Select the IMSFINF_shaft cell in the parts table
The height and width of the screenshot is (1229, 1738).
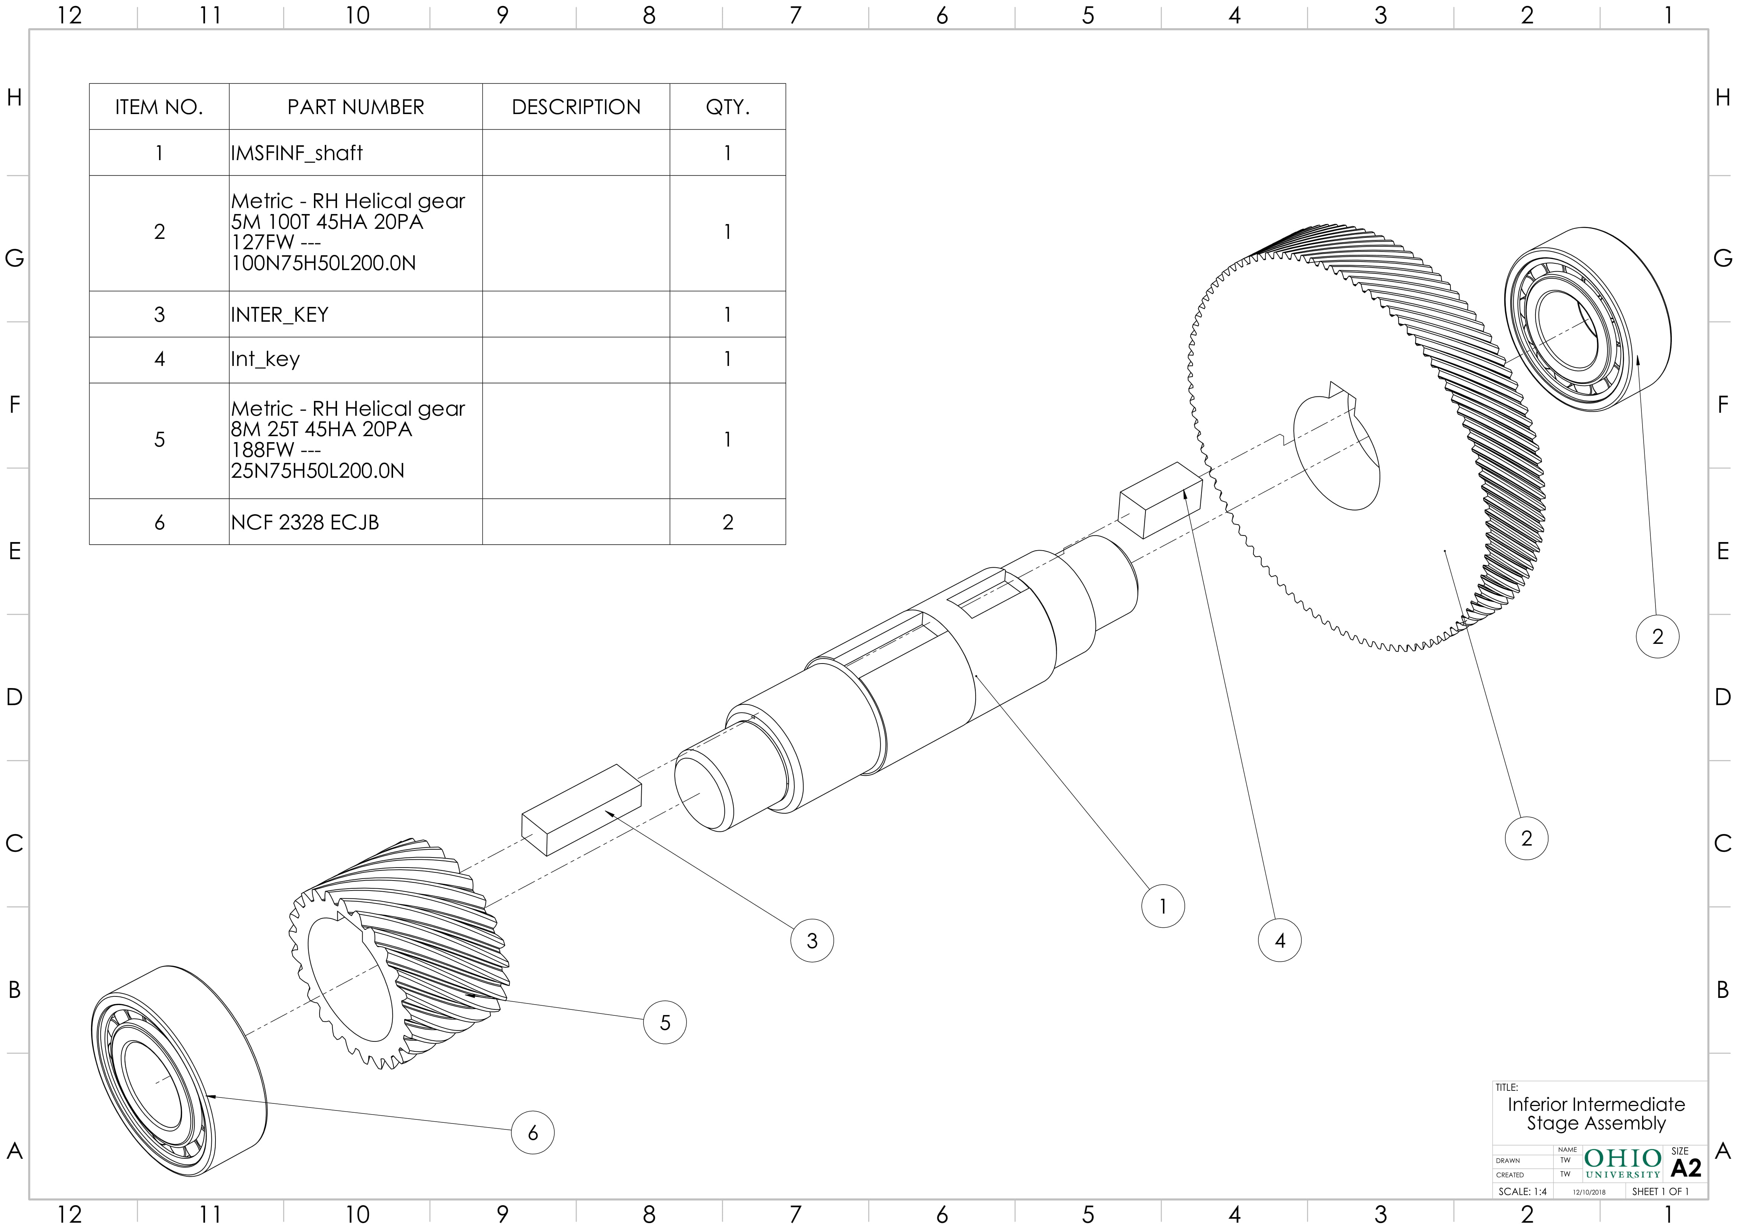(x=297, y=153)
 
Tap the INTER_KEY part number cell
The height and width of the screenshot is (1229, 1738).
(x=279, y=314)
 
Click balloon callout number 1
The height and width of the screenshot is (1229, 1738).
(x=1162, y=906)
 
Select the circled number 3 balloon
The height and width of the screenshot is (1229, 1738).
(x=811, y=941)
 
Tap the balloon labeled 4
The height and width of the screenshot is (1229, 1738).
(x=1279, y=941)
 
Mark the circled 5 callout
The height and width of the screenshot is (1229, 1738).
(x=665, y=1022)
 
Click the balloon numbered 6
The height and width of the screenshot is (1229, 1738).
(x=532, y=1133)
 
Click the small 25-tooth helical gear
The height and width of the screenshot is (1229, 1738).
(x=401, y=954)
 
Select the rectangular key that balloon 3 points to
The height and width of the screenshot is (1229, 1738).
(x=581, y=810)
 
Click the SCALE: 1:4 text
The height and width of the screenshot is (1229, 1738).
(x=1522, y=1191)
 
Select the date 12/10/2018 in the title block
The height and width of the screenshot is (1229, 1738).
(x=1589, y=1192)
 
